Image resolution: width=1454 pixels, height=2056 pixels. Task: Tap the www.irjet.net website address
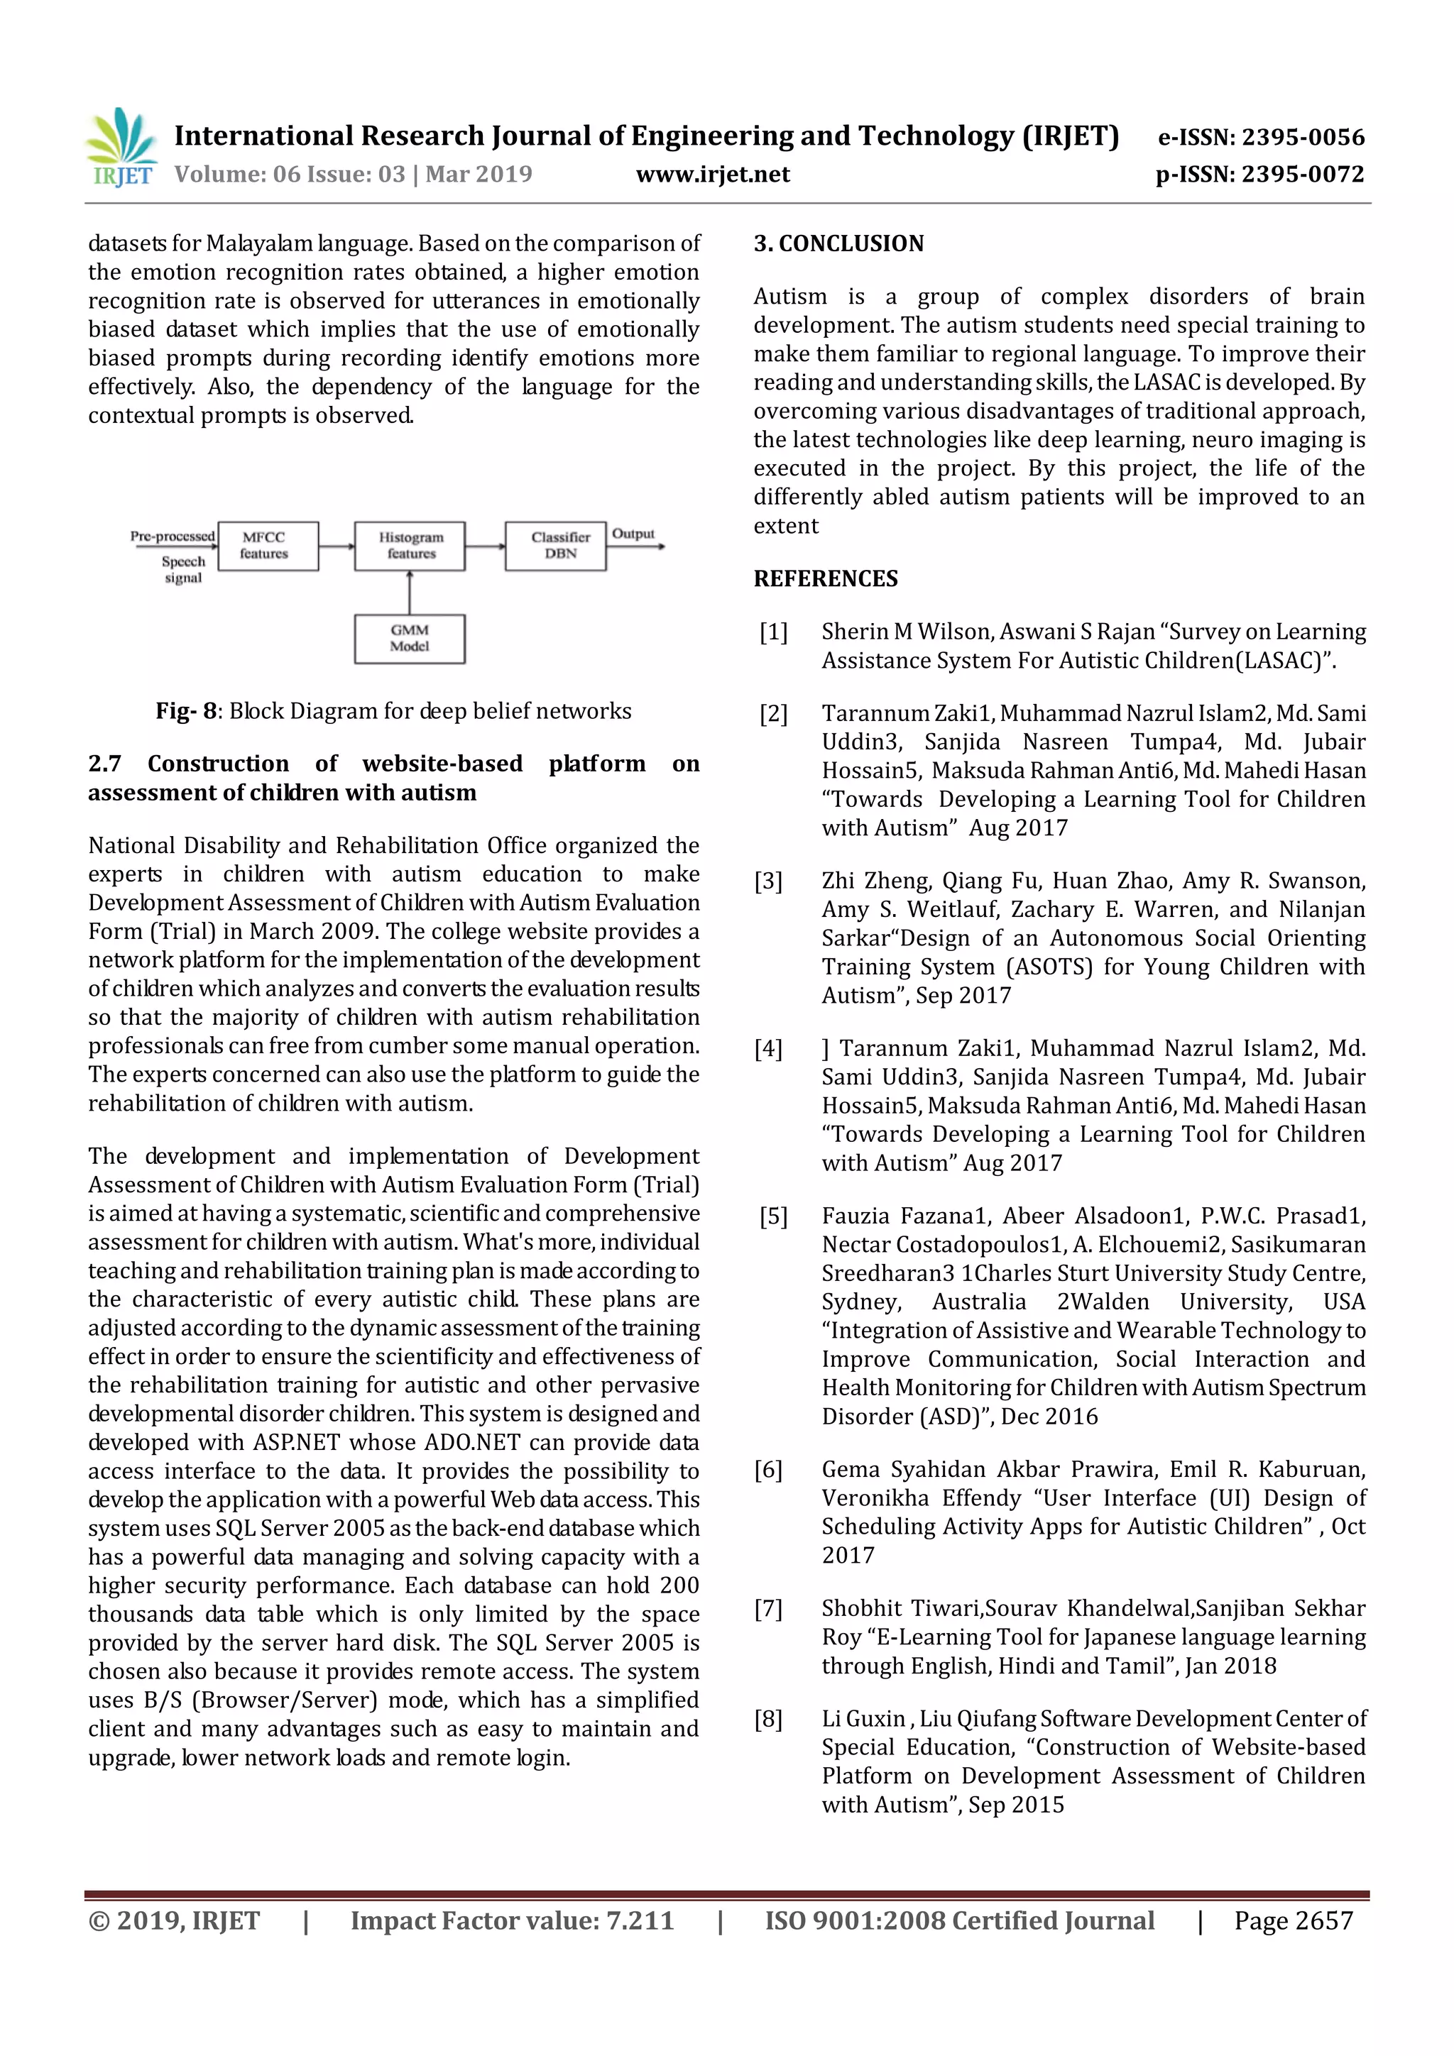712,175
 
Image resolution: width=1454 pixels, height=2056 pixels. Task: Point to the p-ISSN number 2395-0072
1303,175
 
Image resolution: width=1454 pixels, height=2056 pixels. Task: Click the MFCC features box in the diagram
267,545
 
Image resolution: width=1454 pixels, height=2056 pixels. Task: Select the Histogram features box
410,545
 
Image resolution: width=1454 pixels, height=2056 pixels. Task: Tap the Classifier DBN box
555,545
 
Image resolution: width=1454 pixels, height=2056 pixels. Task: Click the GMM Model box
410,639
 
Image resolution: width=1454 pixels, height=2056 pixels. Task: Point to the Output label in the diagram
633,534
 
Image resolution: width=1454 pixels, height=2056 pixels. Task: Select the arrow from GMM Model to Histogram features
410,592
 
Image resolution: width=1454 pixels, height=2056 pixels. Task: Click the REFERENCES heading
825,578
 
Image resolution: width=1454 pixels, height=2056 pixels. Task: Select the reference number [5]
773,1216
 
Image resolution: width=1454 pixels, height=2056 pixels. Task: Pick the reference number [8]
767,1718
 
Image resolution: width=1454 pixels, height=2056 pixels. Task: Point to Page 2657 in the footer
1293,1920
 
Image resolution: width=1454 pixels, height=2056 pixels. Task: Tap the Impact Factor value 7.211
640,1920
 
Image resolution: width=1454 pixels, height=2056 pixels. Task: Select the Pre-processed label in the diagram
172,537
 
